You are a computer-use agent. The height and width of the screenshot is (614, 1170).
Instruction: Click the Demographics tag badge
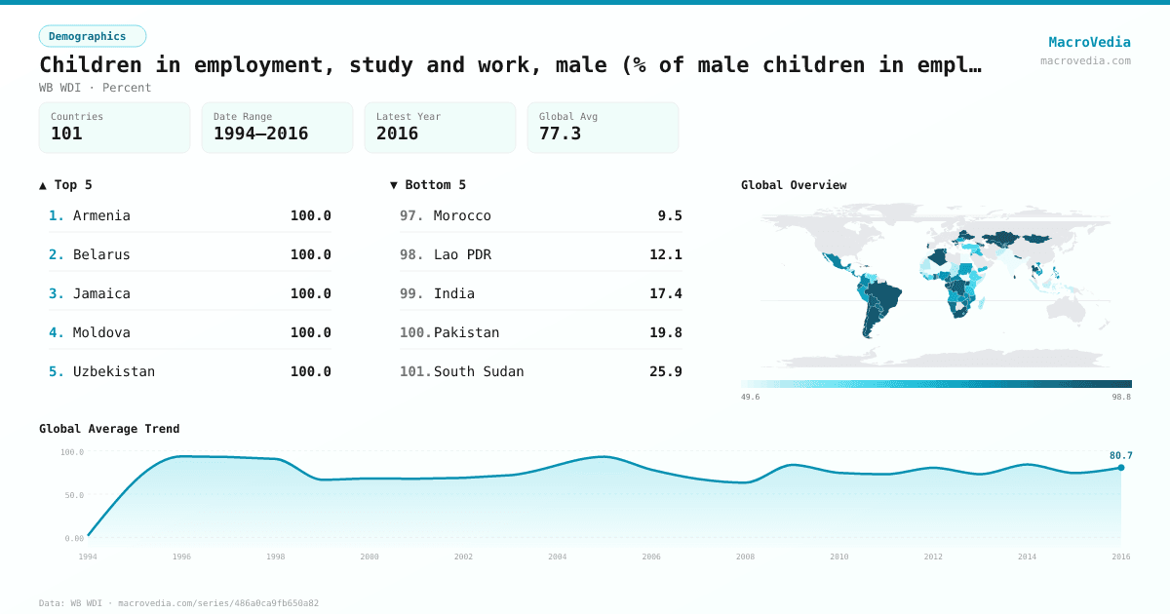pyautogui.click(x=92, y=36)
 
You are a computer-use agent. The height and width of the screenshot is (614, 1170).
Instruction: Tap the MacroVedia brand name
pyautogui.click(x=1089, y=42)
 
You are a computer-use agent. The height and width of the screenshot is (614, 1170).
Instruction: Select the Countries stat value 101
pyautogui.click(x=66, y=134)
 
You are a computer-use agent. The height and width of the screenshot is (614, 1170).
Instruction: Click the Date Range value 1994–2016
pyautogui.click(x=260, y=134)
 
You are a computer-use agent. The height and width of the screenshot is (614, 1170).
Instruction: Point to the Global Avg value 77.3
pyautogui.click(x=560, y=134)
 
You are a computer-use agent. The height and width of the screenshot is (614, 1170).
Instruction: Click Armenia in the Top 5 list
pyautogui.click(x=101, y=215)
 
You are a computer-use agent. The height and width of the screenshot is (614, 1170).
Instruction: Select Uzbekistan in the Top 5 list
pyautogui.click(x=113, y=371)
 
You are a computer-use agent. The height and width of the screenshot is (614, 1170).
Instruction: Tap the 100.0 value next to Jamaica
pyautogui.click(x=310, y=293)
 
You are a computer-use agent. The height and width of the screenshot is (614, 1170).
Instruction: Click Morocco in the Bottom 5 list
pyautogui.click(x=462, y=215)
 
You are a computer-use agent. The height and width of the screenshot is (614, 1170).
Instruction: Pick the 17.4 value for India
pyautogui.click(x=665, y=293)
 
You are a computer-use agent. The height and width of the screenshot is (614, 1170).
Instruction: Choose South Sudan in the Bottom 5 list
pyautogui.click(x=479, y=371)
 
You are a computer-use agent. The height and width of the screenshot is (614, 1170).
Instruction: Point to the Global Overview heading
pyautogui.click(x=794, y=185)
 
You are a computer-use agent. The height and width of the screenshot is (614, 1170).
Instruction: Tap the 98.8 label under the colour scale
pyautogui.click(x=1121, y=397)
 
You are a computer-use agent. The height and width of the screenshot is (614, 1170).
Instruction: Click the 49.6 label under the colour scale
pyautogui.click(x=750, y=397)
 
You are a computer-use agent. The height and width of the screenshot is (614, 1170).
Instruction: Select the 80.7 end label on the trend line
pyautogui.click(x=1120, y=455)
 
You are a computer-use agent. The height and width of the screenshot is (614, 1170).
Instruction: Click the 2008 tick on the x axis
pyautogui.click(x=745, y=556)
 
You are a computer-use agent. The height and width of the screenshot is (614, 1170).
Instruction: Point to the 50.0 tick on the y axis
pyautogui.click(x=72, y=495)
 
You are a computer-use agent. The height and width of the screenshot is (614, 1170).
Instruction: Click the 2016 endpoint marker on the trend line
pyautogui.click(x=1120, y=468)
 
